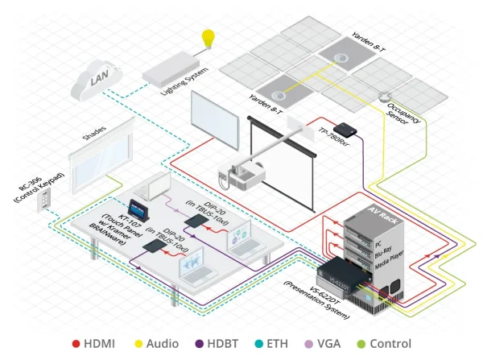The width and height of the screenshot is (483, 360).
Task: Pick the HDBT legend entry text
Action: (x=229, y=343)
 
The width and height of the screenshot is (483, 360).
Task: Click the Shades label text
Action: (x=95, y=132)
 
